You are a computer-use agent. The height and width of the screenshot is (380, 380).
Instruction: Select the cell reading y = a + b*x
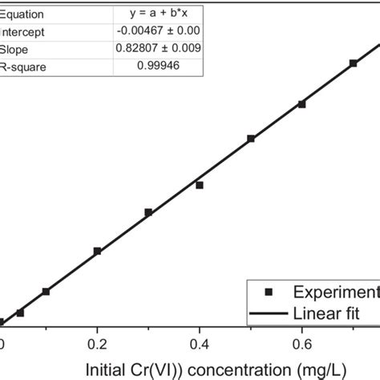159,14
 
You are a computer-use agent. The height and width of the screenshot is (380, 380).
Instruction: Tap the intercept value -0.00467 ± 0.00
159,31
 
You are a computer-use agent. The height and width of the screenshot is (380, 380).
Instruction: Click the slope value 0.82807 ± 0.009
159,49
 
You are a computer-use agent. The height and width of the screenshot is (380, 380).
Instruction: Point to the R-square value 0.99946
159,67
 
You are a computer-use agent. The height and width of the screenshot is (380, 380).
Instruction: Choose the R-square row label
23,67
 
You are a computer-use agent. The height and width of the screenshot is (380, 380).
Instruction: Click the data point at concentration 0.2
97,251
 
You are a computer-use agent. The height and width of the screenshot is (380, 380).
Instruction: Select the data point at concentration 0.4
200,185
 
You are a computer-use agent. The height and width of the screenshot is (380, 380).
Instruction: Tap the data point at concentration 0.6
302,103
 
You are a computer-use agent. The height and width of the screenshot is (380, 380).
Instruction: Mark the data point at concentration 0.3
148,212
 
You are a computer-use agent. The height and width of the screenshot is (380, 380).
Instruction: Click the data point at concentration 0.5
251,139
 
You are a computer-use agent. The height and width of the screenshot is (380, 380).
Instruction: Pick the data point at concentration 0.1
46,291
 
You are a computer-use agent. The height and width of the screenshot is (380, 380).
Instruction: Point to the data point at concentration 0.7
354,63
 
